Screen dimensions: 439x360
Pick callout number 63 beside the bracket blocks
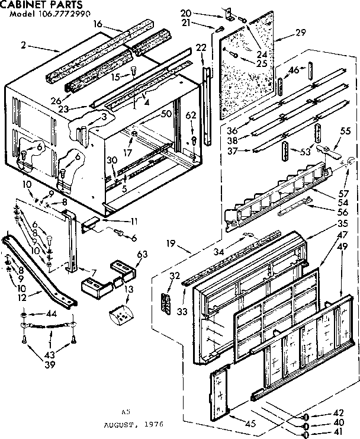[x=141, y=255]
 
